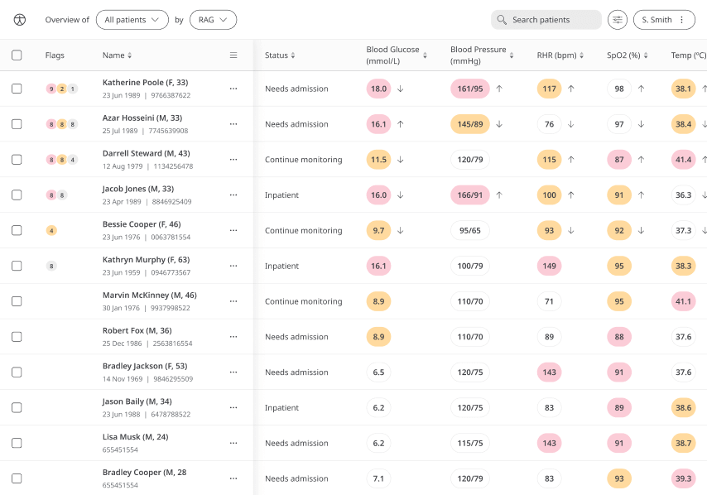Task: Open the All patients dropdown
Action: [132, 20]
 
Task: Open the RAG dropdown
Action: [213, 20]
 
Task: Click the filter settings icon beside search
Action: [618, 20]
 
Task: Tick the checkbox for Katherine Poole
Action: [17, 89]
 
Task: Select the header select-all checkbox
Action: [17, 55]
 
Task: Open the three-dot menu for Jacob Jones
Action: [233, 195]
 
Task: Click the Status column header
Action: [277, 55]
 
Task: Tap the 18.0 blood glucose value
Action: [379, 89]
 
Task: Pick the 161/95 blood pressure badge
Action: [470, 89]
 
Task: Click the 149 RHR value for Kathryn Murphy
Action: [549, 266]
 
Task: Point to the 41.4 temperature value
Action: [684, 160]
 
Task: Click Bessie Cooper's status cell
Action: [303, 231]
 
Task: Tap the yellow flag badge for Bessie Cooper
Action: [51, 231]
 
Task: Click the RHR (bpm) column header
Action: [556, 55]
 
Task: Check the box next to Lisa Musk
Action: [17, 443]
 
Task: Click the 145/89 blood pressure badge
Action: [470, 124]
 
